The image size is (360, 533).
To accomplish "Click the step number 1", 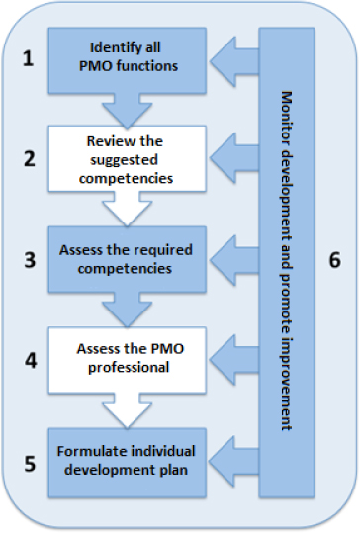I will coord(30,57).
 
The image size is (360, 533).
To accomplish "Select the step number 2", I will coord(30,158).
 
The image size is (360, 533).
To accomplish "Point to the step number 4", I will coord(30,360).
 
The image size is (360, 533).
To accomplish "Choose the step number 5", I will coord(30,461).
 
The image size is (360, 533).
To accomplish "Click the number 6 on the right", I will coord(334,260).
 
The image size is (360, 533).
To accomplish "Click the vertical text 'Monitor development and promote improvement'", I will coord(287,260).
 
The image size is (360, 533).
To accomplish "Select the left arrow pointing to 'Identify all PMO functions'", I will coord(235,58).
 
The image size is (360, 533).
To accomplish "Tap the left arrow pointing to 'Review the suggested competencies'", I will coord(235,159).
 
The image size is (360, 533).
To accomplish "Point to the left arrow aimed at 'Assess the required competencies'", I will coord(235,260).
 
